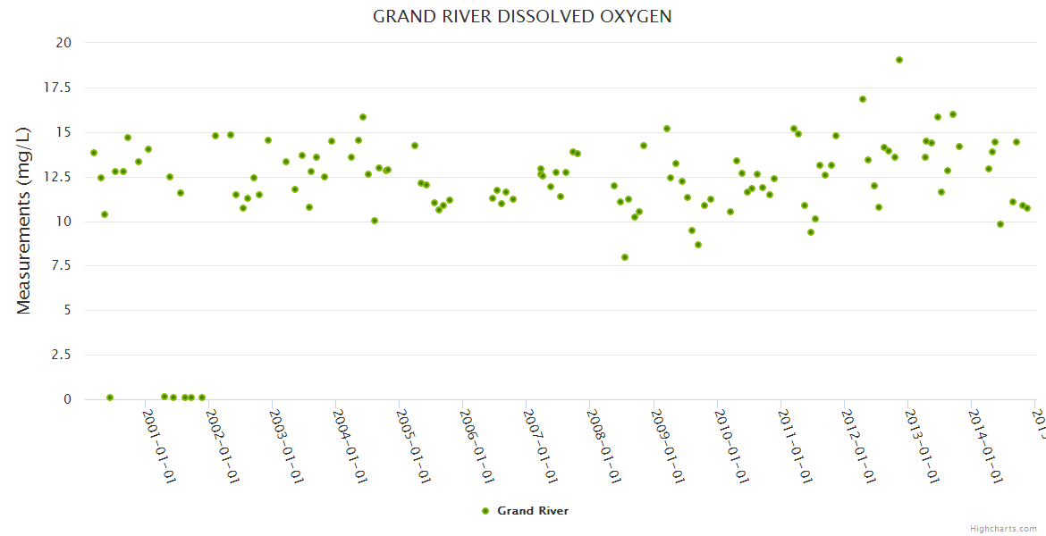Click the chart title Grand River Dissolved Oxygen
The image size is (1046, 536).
pyautogui.click(x=522, y=17)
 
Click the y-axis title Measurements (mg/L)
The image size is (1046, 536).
pyautogui.click(x=24, y=221)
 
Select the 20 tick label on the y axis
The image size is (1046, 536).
pyautogui.click(x=63, y=43)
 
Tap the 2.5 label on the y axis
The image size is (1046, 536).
pyautogui.click(x=62, y=356)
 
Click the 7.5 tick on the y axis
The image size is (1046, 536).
pyautogui.click(x=62, y=266)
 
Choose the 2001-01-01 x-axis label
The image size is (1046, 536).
pyautogui.click(x=159, y=446)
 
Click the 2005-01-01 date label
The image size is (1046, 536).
pyautogui.click(x=413, y=446)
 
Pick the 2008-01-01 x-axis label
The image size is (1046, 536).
pyautogui.click(x=603, y=446)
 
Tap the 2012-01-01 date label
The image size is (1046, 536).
pyautogui.click(x=857, y=446)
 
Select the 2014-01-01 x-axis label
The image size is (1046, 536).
pyautogui.click(x=984, y=446)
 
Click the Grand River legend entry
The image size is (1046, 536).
pyautogui.click(x=533, y=511)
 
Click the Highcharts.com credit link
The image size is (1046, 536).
pyautogui.click(x=1004, y=528)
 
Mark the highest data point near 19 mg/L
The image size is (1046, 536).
pyautogui.click(x=899, y=60)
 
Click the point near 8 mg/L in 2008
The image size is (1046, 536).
pyautogui.click(x=625, y=257)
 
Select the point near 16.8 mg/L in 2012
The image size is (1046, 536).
pyautogui.click(x=863, y=99)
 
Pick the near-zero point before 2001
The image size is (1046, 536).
pyautogui.click(x=110, y=398)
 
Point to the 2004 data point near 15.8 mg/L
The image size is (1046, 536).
pyautogui.click(x=363, y=117)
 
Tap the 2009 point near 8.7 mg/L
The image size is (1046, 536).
pyautogui.click(x=698, y=245)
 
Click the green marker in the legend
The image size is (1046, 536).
pyautogui.click(x=485, y=511)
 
